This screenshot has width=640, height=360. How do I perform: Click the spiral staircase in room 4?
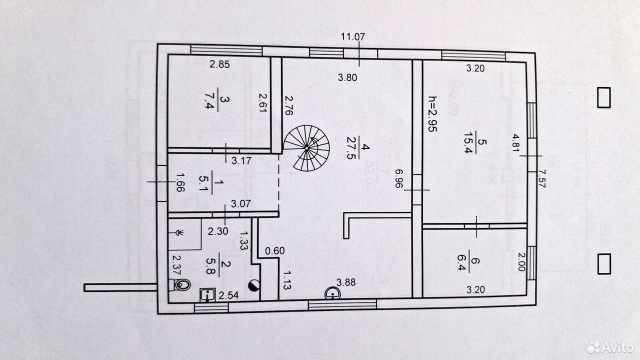pos(306,148)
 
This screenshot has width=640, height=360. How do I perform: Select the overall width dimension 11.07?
pos(353,37)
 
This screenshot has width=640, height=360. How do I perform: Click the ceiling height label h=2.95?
pos(432,113)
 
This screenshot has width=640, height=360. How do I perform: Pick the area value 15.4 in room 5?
pos(468,142)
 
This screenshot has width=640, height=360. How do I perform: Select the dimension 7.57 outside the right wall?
pos(542,178)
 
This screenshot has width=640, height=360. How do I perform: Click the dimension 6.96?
pos(399,178)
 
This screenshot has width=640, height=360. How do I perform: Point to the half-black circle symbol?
pos(254,285)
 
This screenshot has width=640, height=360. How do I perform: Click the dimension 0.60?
pos(275,251)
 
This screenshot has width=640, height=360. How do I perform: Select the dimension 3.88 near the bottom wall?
pos(346,282)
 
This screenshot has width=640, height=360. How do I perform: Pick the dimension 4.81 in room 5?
pos(515,143)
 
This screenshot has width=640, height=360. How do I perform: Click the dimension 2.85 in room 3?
pos(219,64)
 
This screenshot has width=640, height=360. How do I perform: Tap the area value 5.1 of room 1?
pos(203,183)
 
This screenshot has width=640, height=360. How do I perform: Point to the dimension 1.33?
pos(243,241)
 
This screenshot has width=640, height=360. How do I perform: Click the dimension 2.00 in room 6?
pos(521,261)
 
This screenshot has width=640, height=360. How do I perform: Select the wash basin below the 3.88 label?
pos(332,293)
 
